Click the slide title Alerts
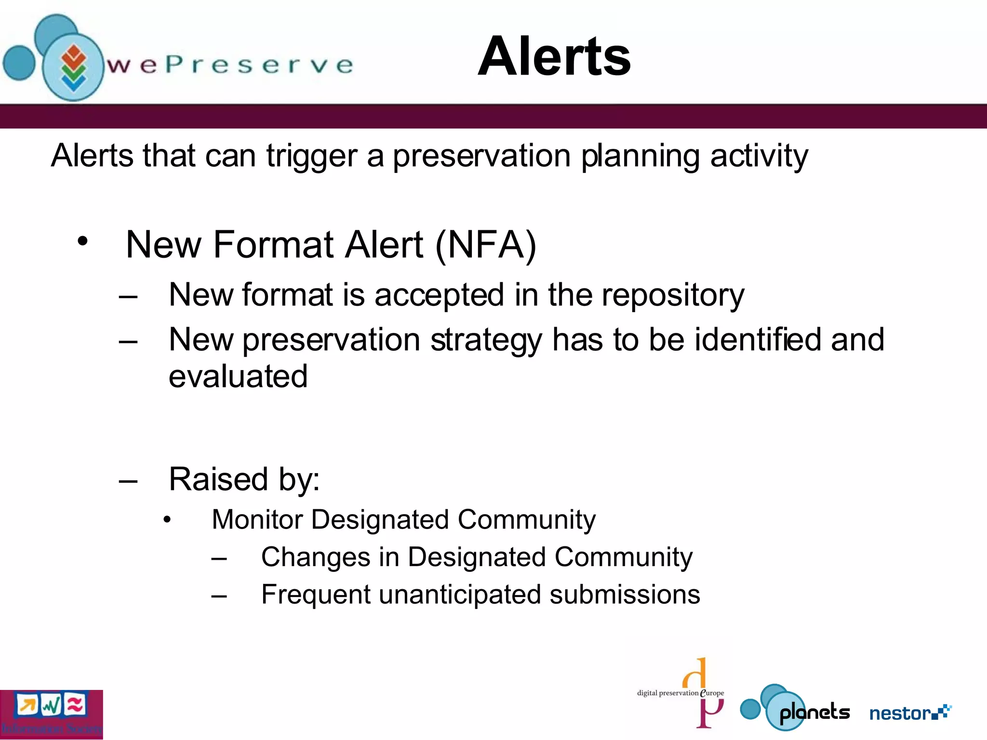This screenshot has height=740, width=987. [554, 57]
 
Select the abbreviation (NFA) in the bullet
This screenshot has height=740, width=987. [485, 245]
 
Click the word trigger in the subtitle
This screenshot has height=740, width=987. [311, 157]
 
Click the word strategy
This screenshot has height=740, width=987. [486, 341]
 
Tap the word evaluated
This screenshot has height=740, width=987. [238, 376]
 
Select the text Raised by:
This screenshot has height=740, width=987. [244, 479]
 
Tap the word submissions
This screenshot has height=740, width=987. [625, 595]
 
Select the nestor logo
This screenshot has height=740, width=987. [910, 713]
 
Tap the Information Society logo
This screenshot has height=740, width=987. [51, 714]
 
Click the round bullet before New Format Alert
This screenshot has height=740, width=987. [83, 241]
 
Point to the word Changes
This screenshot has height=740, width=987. [315, 557]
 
